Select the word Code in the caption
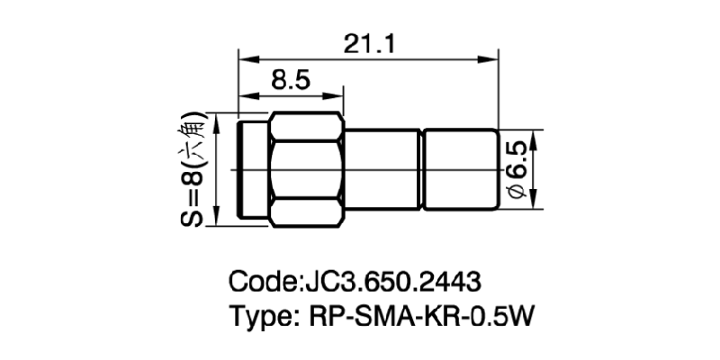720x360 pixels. coord(262,281)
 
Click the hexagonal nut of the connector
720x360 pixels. coord(308,171)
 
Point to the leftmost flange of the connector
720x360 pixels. coord(252,171)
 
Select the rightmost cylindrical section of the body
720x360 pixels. coord(461,171)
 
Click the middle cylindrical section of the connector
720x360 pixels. coord(382,171)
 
